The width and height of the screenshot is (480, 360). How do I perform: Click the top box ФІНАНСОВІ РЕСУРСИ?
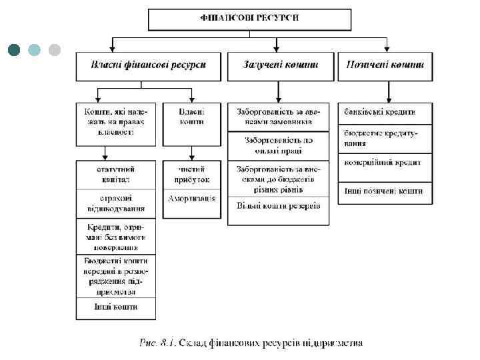[x=249, y=19]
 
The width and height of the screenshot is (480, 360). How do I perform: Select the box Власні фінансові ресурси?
[x=148, y=65]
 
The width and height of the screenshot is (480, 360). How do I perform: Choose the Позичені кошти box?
[x=385, y=65]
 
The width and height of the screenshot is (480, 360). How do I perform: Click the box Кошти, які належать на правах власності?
[x=115, y=123]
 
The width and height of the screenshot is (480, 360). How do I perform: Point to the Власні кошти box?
[x=192, y=123]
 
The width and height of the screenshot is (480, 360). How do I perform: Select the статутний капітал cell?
[x=115, y=175]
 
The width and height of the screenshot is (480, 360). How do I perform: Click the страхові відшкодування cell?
[x=115, y=204]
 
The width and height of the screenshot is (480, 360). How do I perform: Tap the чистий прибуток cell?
[x=192, y=175]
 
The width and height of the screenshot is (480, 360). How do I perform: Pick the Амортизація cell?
[x=192, y=199]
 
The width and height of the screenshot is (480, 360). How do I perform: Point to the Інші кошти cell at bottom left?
[x=115, y=307]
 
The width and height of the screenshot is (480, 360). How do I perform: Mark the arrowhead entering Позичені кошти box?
[x=386, y=49]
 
